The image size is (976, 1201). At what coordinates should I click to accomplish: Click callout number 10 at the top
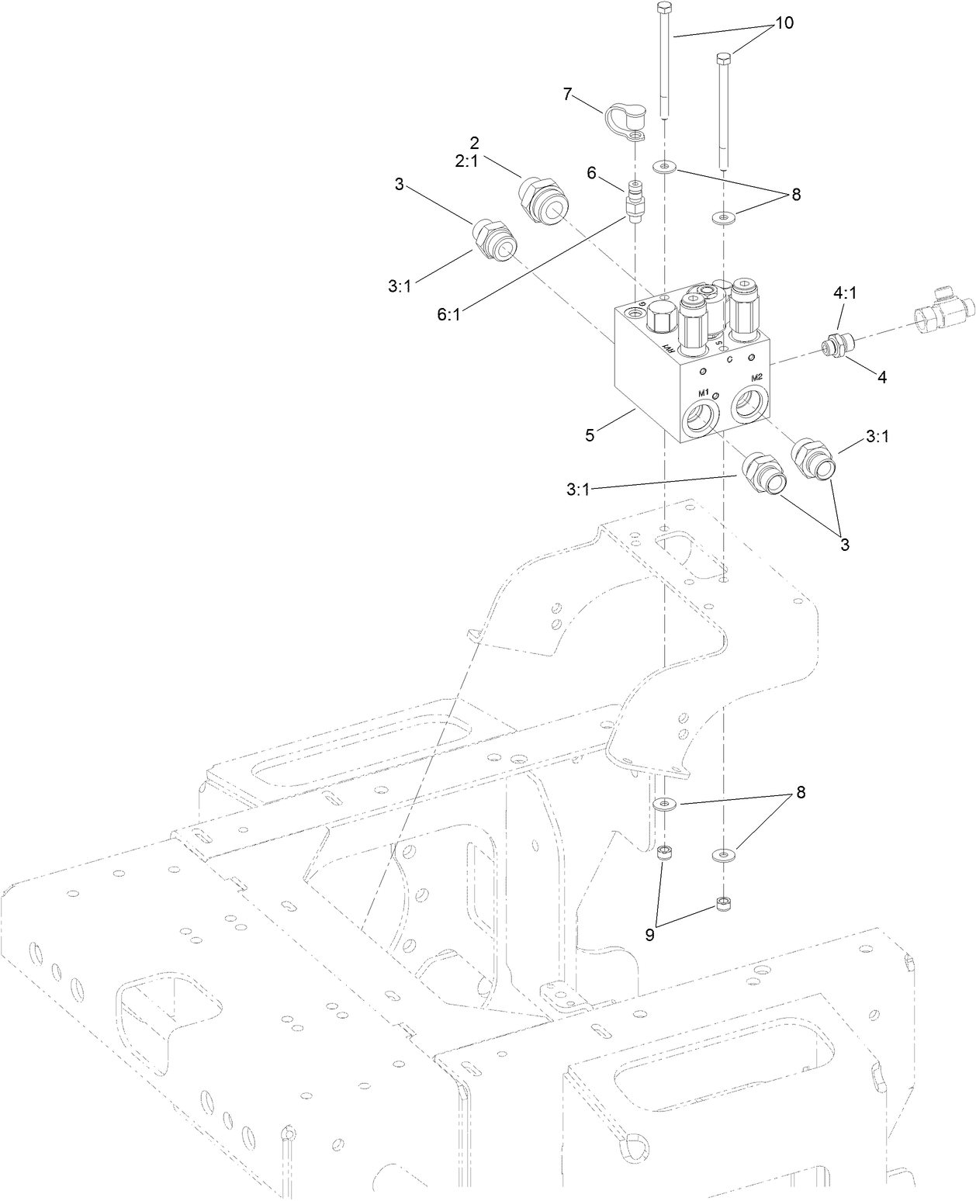pos(784,23)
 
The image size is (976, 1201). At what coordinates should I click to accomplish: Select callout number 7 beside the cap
pos(568,95)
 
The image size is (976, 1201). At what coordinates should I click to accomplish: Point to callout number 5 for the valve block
pos(590,435)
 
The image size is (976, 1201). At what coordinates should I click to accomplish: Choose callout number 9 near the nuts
pos(650,935)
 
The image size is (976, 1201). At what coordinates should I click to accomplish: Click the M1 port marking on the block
pos(704,392)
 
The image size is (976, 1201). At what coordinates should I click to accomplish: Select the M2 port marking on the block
pos(756,378)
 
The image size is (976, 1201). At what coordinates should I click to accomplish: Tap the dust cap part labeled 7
pos(622,117)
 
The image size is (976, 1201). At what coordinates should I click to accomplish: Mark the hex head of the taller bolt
pos(663,9)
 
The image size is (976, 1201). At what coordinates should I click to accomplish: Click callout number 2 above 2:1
pos(497,143)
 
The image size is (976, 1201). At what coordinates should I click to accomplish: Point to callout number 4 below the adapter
pos(881,377)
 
